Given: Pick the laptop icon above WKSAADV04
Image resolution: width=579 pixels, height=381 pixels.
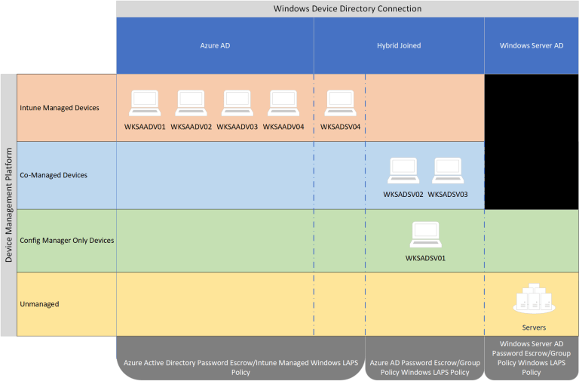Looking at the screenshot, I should (283, 102).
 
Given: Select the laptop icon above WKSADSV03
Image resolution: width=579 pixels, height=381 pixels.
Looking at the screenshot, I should (448, 171).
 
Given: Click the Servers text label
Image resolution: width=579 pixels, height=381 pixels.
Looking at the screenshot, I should (533, 327).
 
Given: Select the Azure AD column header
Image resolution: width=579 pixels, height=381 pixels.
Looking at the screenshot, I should (215, 45).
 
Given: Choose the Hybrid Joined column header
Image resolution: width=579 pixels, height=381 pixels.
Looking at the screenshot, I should (399, 45).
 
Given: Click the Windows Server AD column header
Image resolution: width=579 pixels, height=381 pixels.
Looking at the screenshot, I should (532, 45).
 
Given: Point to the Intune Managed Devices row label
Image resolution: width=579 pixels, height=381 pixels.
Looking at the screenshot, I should (60, 108).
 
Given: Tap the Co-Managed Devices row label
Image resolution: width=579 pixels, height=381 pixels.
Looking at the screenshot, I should (54, 175).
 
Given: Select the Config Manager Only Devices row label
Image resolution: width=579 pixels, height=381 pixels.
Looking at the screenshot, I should (67, 241).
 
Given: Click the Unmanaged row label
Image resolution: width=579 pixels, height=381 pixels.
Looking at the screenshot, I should (39, 304).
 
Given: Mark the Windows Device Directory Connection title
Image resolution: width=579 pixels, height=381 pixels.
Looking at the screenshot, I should (348, 8).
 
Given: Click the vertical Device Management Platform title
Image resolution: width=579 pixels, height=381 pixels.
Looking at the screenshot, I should (8, 205).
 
